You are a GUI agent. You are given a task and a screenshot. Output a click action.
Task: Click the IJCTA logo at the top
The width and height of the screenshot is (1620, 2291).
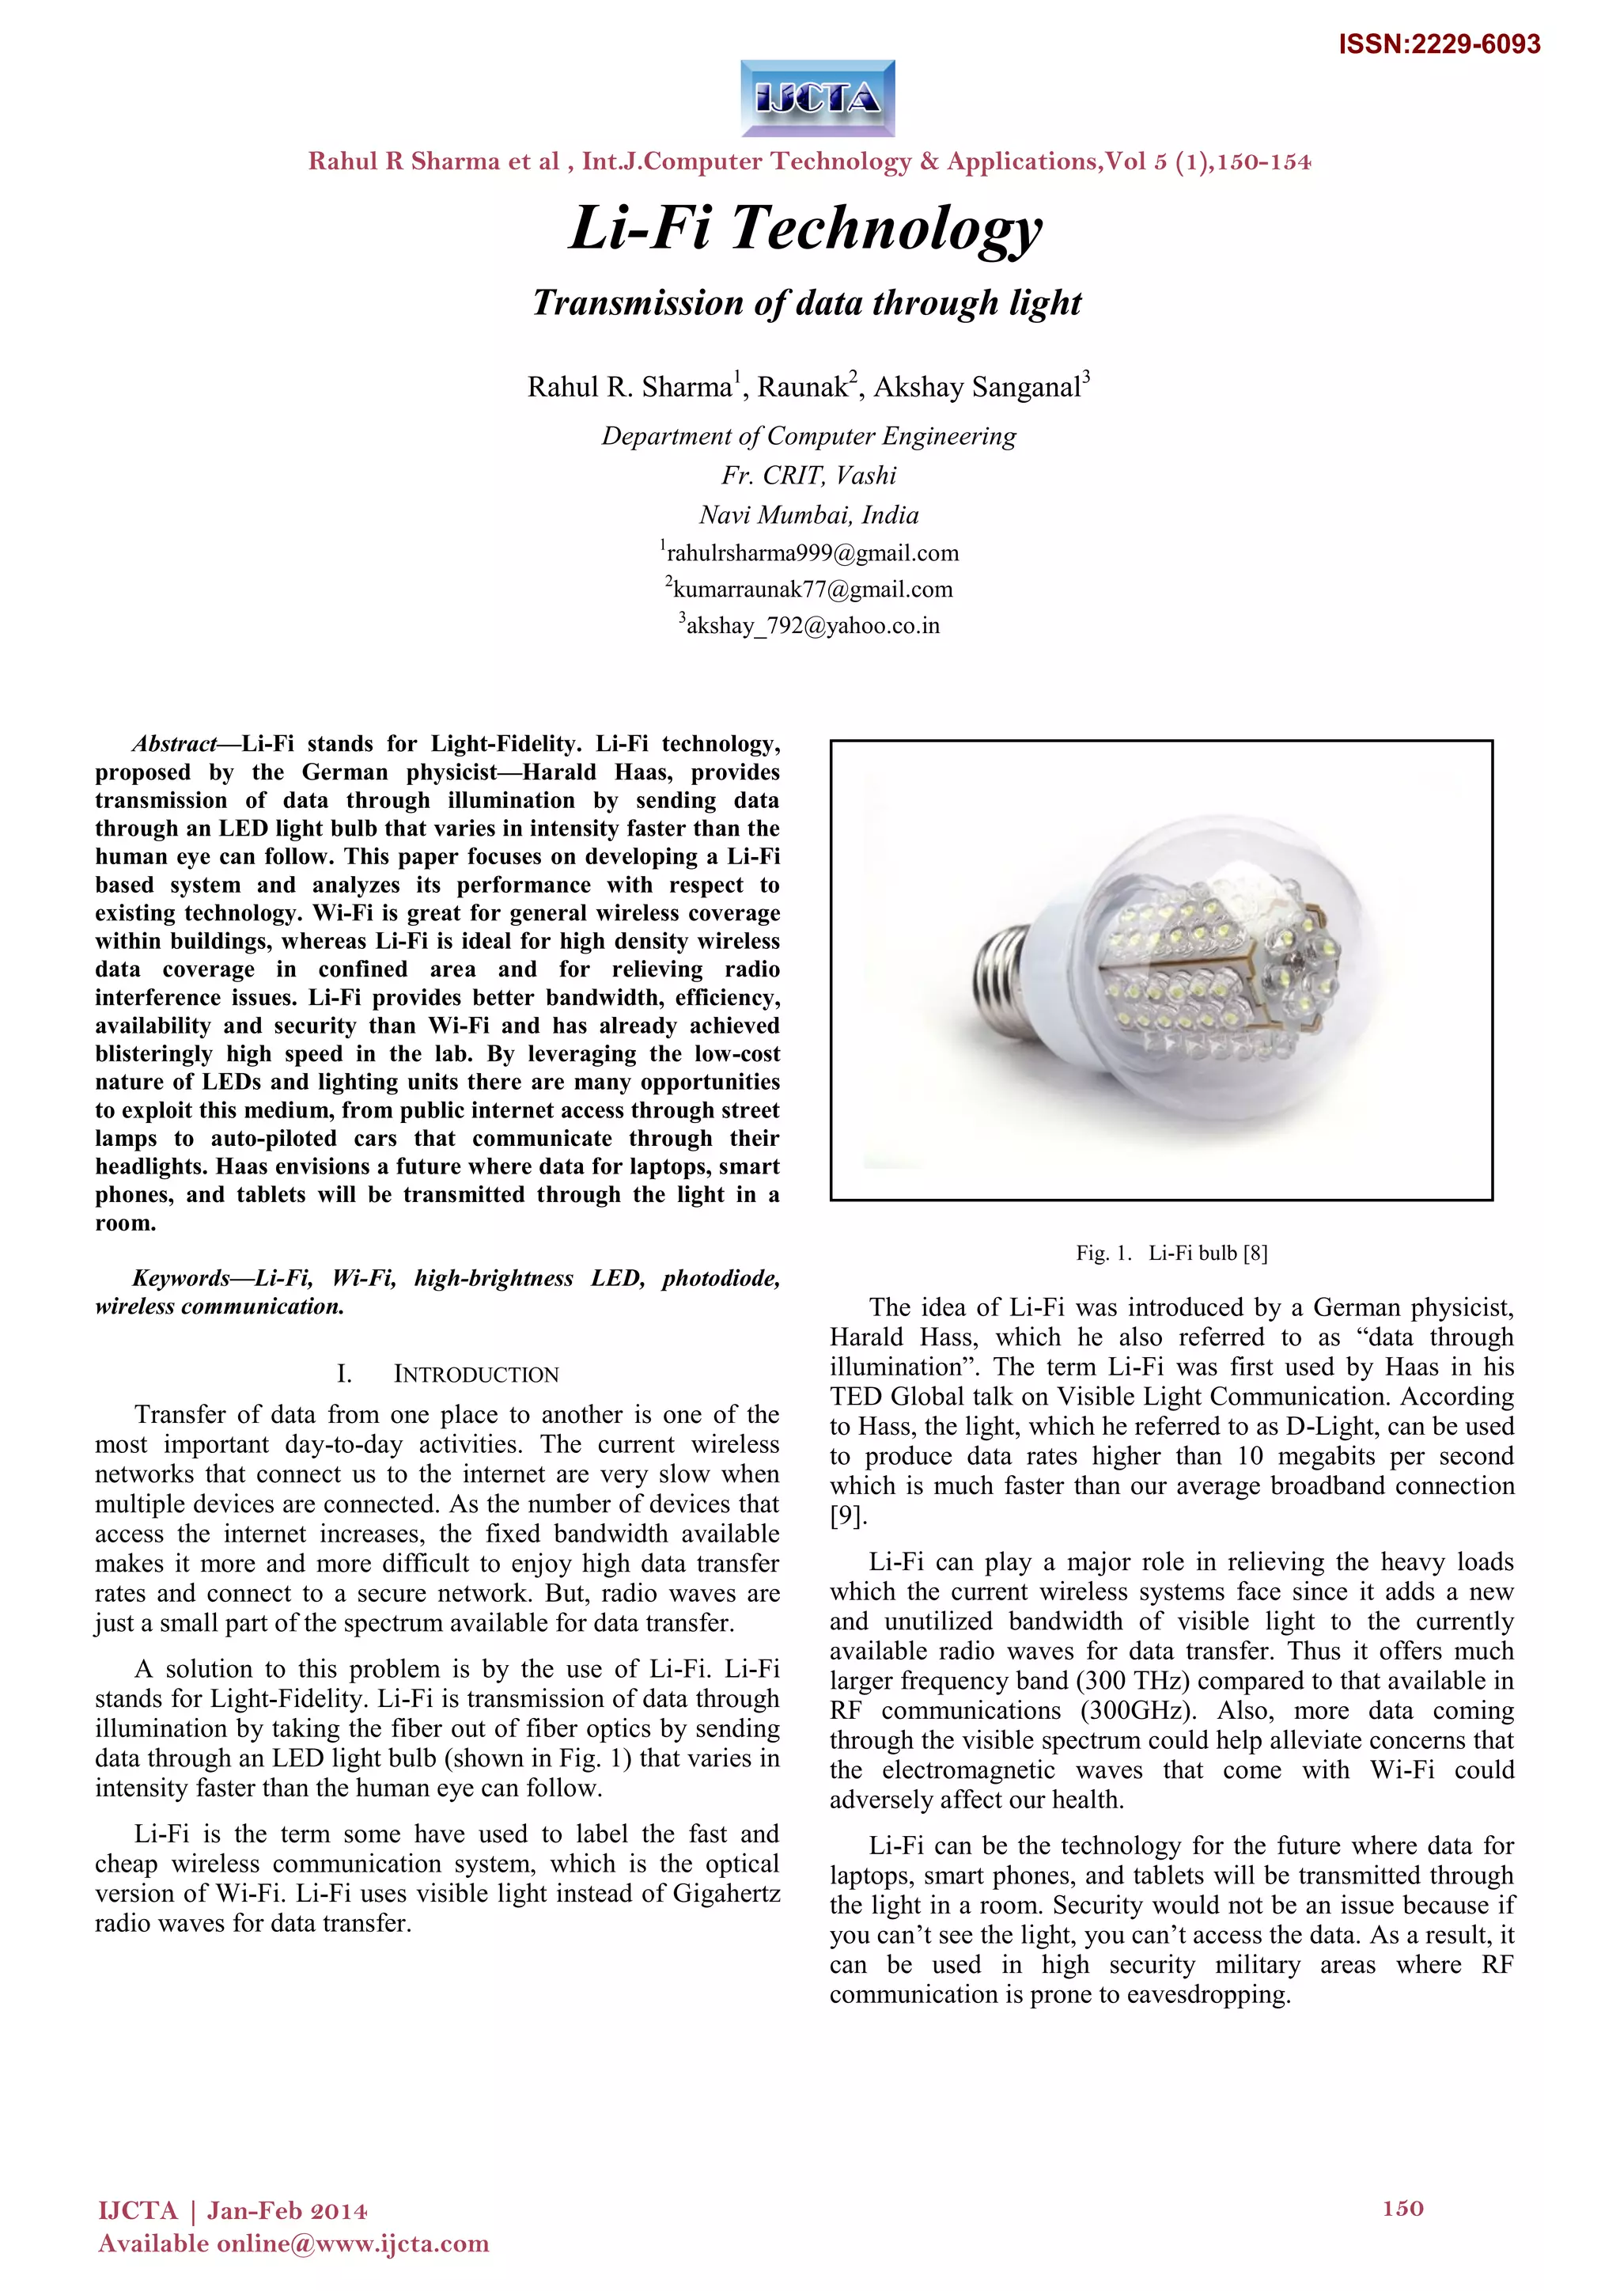(x=818, y=98)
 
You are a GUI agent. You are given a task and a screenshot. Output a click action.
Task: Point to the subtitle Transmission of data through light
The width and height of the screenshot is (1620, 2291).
(x=807, y=302)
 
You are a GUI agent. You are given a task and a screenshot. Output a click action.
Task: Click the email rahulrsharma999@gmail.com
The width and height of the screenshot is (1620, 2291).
(x=810, y=553)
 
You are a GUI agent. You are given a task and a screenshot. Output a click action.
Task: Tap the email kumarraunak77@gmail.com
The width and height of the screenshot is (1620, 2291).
(x=810, y=589)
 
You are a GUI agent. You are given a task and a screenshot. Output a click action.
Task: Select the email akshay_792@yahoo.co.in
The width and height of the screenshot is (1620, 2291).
(x=810, y=626)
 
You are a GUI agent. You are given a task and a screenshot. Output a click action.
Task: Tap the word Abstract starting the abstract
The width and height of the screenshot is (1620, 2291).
(x=175, y=743)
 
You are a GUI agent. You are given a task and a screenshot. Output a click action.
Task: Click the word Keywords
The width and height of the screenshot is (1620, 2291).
(x=180, y=1278)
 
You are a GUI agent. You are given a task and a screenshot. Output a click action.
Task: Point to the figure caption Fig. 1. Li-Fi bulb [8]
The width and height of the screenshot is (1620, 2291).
(x=1171, y=1254)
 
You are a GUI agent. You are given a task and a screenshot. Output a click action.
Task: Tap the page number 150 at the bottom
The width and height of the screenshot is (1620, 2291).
(x=1402, y=2208)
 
